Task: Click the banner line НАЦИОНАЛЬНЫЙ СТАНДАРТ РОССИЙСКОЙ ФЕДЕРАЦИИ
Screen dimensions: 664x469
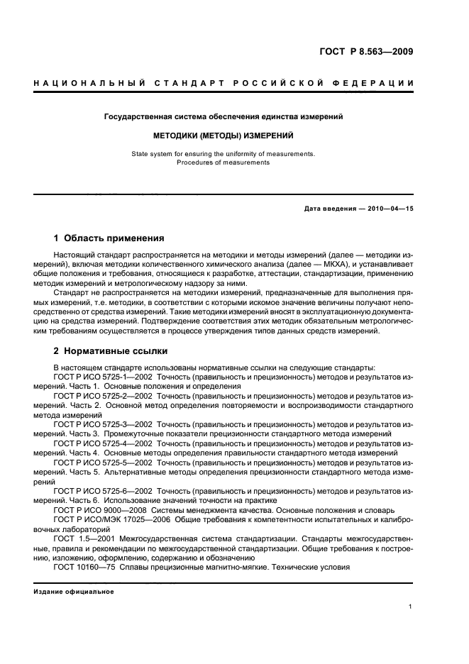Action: click(x=224, y=84)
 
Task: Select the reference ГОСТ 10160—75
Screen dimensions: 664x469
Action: click(x=82, y=567)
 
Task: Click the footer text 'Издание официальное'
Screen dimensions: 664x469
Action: click(x=74, y=592)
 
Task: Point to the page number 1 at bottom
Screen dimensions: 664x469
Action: click(x=411, y=607)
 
